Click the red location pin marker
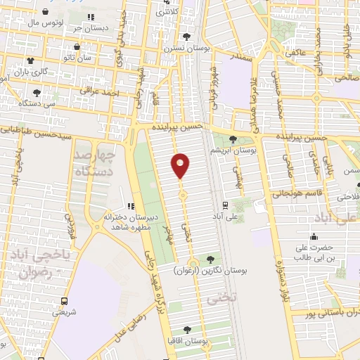181,166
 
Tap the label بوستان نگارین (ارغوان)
209,270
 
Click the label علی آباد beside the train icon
224,217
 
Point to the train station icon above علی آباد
224,205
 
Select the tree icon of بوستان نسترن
186,37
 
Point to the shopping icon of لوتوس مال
46,12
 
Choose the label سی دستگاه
37,103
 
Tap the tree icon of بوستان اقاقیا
186,329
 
